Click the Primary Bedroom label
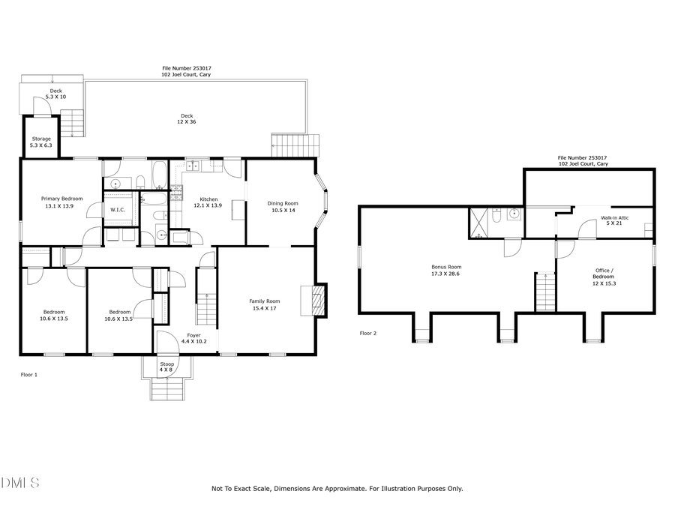61,202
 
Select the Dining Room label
284,206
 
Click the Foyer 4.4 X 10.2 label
193,338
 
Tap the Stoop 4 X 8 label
166,367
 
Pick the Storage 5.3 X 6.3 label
40,142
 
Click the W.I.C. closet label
118,210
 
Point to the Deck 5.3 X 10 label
55,94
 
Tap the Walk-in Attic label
614,220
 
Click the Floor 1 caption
28,374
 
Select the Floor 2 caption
367,333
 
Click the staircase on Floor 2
545,292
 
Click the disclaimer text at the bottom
337,489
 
